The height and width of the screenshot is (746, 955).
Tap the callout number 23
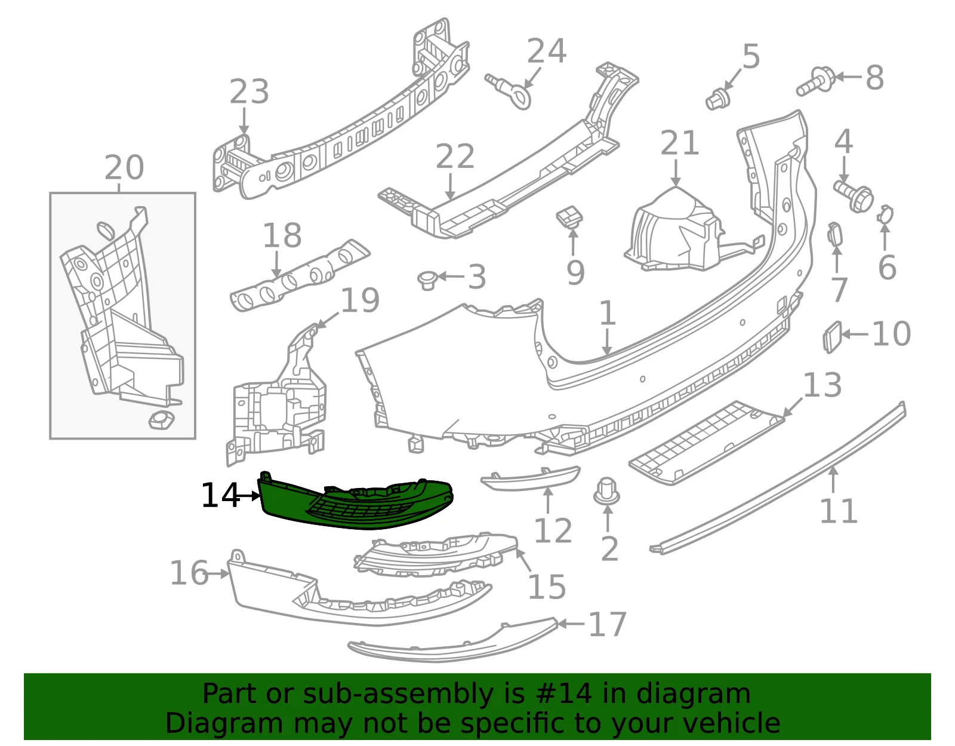point(249,92)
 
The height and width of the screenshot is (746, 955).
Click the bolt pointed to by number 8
point(815,82)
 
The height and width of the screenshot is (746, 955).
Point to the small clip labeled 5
point(717,100)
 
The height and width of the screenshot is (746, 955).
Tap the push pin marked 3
point(427,281)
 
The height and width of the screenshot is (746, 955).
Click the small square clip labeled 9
point(569,217)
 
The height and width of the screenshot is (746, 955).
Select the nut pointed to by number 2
point(606,492)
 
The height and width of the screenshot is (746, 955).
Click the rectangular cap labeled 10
point(832,337)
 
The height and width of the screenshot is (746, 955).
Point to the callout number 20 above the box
point(124,167)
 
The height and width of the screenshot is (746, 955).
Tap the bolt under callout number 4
point(853,197)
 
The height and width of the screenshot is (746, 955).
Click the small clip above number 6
point(885,214)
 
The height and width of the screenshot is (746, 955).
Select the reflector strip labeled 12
point(531,479)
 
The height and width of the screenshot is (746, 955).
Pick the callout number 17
point(607,624)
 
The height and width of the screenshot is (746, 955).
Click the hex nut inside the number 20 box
point(161,420)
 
